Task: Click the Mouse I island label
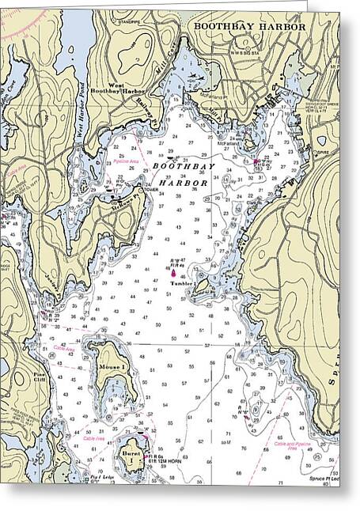(112, 369)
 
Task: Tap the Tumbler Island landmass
(204, 285)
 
